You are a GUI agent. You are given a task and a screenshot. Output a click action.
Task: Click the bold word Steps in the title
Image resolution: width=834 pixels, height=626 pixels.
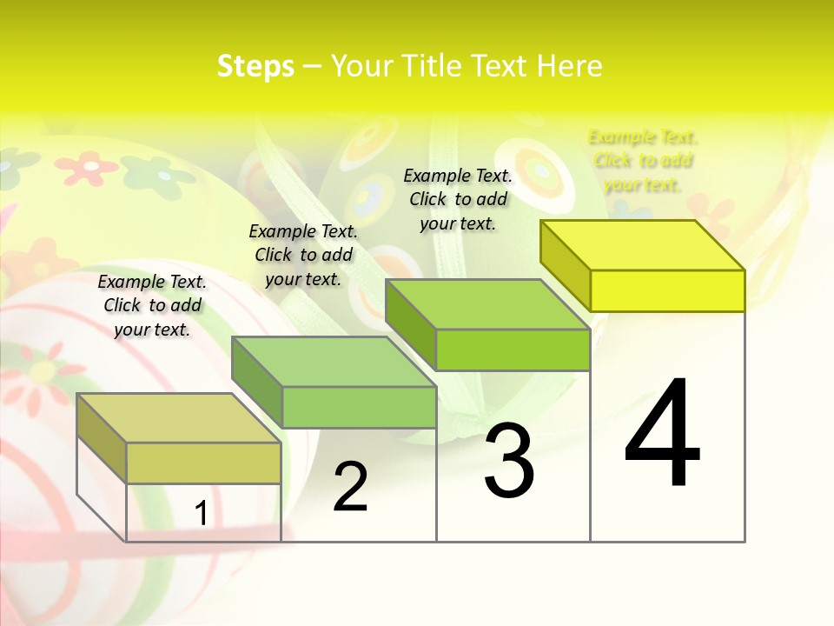(x=255, y=66)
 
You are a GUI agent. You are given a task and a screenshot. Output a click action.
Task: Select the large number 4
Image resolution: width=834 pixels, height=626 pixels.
(x=662, y=435)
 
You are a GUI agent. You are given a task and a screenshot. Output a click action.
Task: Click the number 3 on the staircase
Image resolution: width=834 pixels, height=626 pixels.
(x=509, y=461)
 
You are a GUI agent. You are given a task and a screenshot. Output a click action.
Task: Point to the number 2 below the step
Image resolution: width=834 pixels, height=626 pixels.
(x=351, y=487)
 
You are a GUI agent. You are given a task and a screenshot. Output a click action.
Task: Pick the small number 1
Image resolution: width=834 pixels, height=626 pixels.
(x=201, y=513)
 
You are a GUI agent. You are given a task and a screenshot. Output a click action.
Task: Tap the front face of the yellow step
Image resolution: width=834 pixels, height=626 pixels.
(x=667, y=290)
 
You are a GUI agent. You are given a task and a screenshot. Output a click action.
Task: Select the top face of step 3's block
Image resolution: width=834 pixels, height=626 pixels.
(x=486, y=304)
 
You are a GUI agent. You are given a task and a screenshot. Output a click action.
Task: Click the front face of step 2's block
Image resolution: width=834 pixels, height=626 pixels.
(x=359, y=407)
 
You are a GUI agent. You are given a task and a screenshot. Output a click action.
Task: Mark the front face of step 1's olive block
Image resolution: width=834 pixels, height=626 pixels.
(x=203, y=463)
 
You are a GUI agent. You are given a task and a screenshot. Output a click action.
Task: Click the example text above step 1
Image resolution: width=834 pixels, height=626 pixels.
(x=152, y=305)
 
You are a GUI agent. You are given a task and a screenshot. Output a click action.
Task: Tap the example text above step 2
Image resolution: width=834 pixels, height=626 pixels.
(x=303, y=255)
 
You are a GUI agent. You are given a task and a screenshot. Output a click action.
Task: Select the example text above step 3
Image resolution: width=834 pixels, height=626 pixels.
(x=458, y=199)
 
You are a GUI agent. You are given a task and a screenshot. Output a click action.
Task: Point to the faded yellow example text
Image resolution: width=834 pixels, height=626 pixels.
(x=643, y=161)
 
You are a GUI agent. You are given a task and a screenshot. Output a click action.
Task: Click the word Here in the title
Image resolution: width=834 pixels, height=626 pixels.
(x=569, y=66)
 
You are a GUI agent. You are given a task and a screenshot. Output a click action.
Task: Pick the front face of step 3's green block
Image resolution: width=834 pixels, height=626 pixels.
(x=513, y=350)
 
